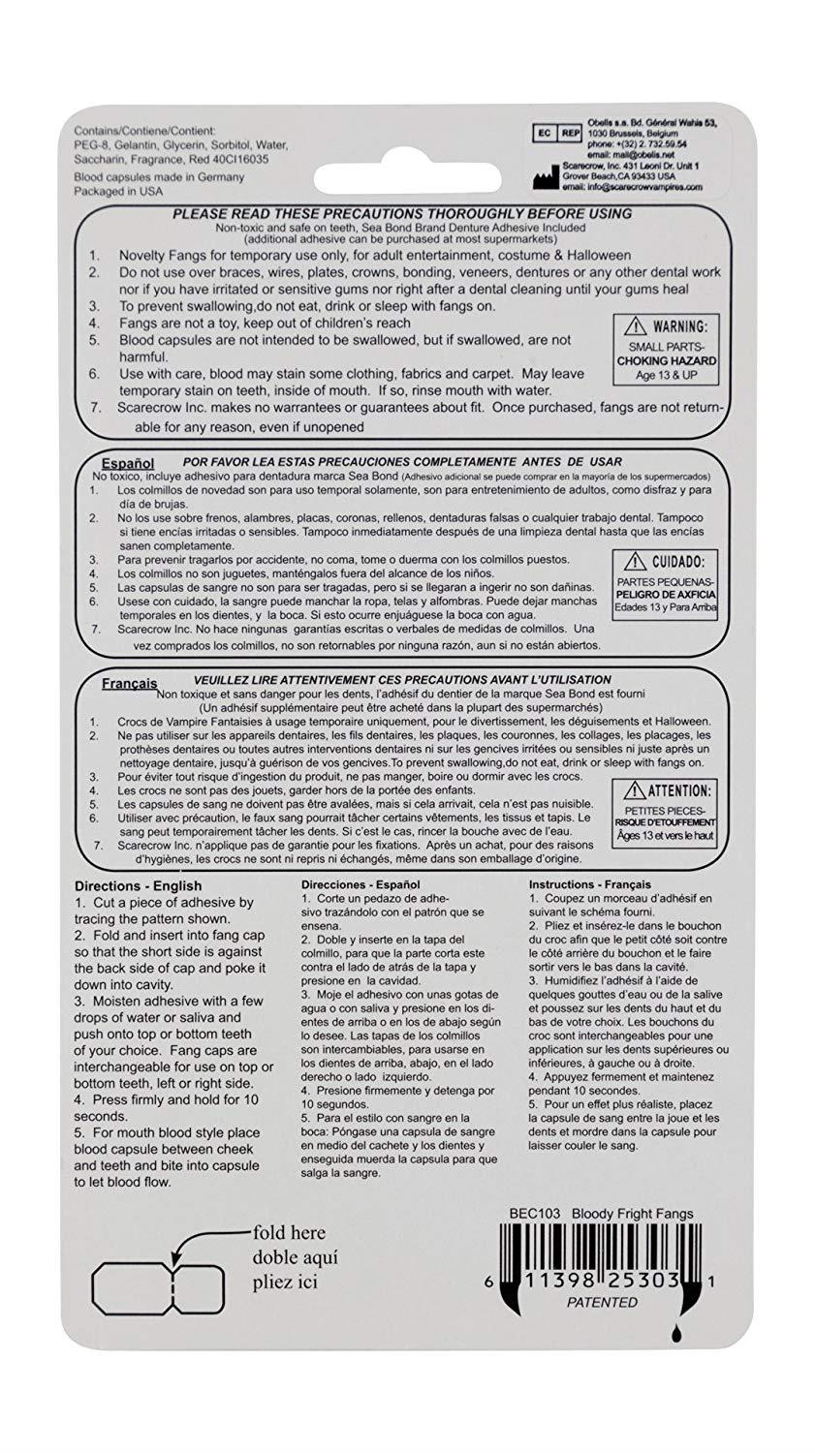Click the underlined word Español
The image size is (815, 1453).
click(x=128, y=464)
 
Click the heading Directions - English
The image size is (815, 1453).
click(x=139, y=885)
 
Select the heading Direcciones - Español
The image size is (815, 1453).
click(x=360, y=885)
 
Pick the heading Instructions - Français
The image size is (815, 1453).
click(x=589, y=884)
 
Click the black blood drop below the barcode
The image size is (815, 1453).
click(x=674, y=1336)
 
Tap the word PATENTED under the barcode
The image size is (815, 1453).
click(x=602, y=1302)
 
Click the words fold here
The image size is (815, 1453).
click(x=290, y=1233)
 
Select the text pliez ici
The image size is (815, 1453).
click(x=285, y=1282)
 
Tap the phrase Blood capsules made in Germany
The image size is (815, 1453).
click(x=160, y=177)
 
